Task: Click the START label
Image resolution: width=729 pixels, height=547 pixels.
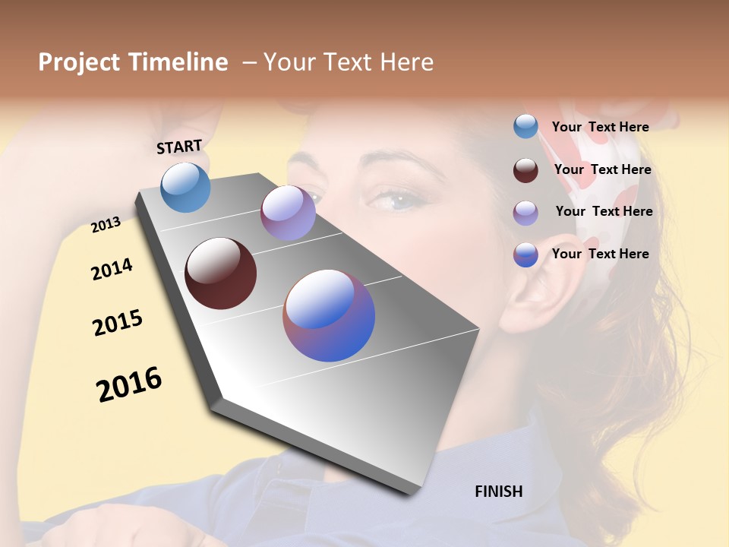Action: tap(179, 147)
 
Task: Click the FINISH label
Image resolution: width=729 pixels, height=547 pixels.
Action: tap(498, 492)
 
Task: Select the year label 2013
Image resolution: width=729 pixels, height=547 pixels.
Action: tap(106, 224)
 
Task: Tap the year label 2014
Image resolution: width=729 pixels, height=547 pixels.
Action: tap(112, 270)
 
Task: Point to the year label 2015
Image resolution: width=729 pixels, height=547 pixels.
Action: tap(118, 323)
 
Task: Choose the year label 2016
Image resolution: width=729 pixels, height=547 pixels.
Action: tap(129, 384)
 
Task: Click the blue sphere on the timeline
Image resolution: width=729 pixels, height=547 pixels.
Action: tap(185, 187)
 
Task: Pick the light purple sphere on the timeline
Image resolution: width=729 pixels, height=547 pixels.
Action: tap(288, 213)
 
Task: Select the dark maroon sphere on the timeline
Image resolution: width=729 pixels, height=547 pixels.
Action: tap(220, 273)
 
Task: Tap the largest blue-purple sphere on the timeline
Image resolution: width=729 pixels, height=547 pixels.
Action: tap(329, 315)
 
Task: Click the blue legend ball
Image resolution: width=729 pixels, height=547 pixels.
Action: tap(525, 126)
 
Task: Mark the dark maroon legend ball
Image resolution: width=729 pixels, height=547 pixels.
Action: tap(525, 170)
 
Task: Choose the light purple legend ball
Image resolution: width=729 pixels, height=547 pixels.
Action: tap(525, 213)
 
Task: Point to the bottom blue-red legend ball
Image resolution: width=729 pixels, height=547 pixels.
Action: tap(525, 255)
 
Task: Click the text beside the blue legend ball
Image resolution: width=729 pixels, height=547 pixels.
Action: tap(600, 127)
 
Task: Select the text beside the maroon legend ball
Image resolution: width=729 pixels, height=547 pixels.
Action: tap(602, 169)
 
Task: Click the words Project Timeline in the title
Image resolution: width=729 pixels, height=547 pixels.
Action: tap(133, 62)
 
